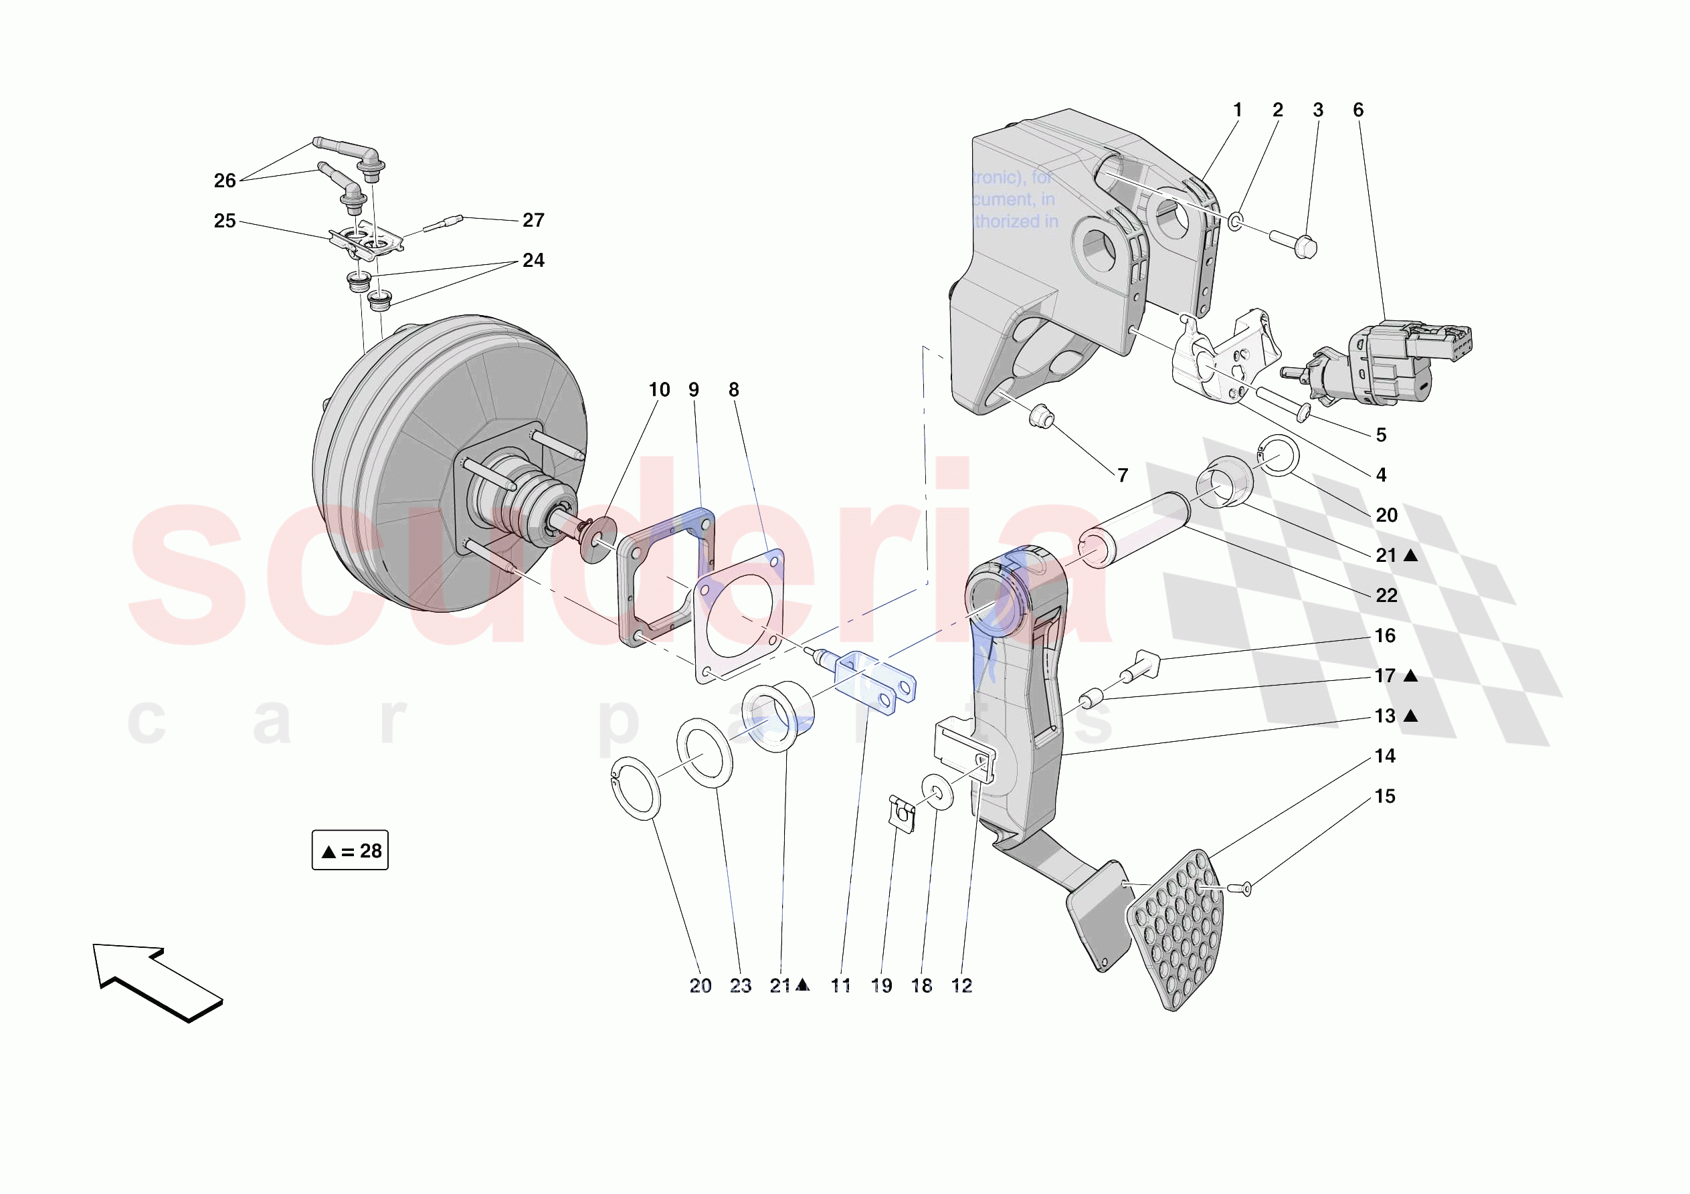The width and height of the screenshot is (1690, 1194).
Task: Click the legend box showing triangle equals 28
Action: coord(350,850)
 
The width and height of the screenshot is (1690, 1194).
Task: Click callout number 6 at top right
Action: coord(1358,110)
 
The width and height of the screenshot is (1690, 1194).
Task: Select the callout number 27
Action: coord(533,220)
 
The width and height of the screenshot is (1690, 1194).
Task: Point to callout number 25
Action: coord(225,221)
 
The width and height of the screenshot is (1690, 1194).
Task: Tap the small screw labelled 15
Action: coord(1243,890)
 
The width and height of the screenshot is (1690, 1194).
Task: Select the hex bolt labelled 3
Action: coord(1295,244)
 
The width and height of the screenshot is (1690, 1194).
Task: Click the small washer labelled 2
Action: coord(1236,220)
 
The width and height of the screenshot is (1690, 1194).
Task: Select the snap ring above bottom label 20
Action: coord(635,788)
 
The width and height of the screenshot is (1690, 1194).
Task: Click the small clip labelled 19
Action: coord(903,813)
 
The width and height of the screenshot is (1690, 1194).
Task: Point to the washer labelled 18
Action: coord(937,791)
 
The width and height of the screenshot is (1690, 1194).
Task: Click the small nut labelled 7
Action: coord(1042,417)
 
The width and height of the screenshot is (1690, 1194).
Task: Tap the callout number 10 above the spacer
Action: coord(659,390)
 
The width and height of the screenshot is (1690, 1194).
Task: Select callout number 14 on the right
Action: coord(1384,756)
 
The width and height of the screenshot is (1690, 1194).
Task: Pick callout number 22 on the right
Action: coord(1386,595)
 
